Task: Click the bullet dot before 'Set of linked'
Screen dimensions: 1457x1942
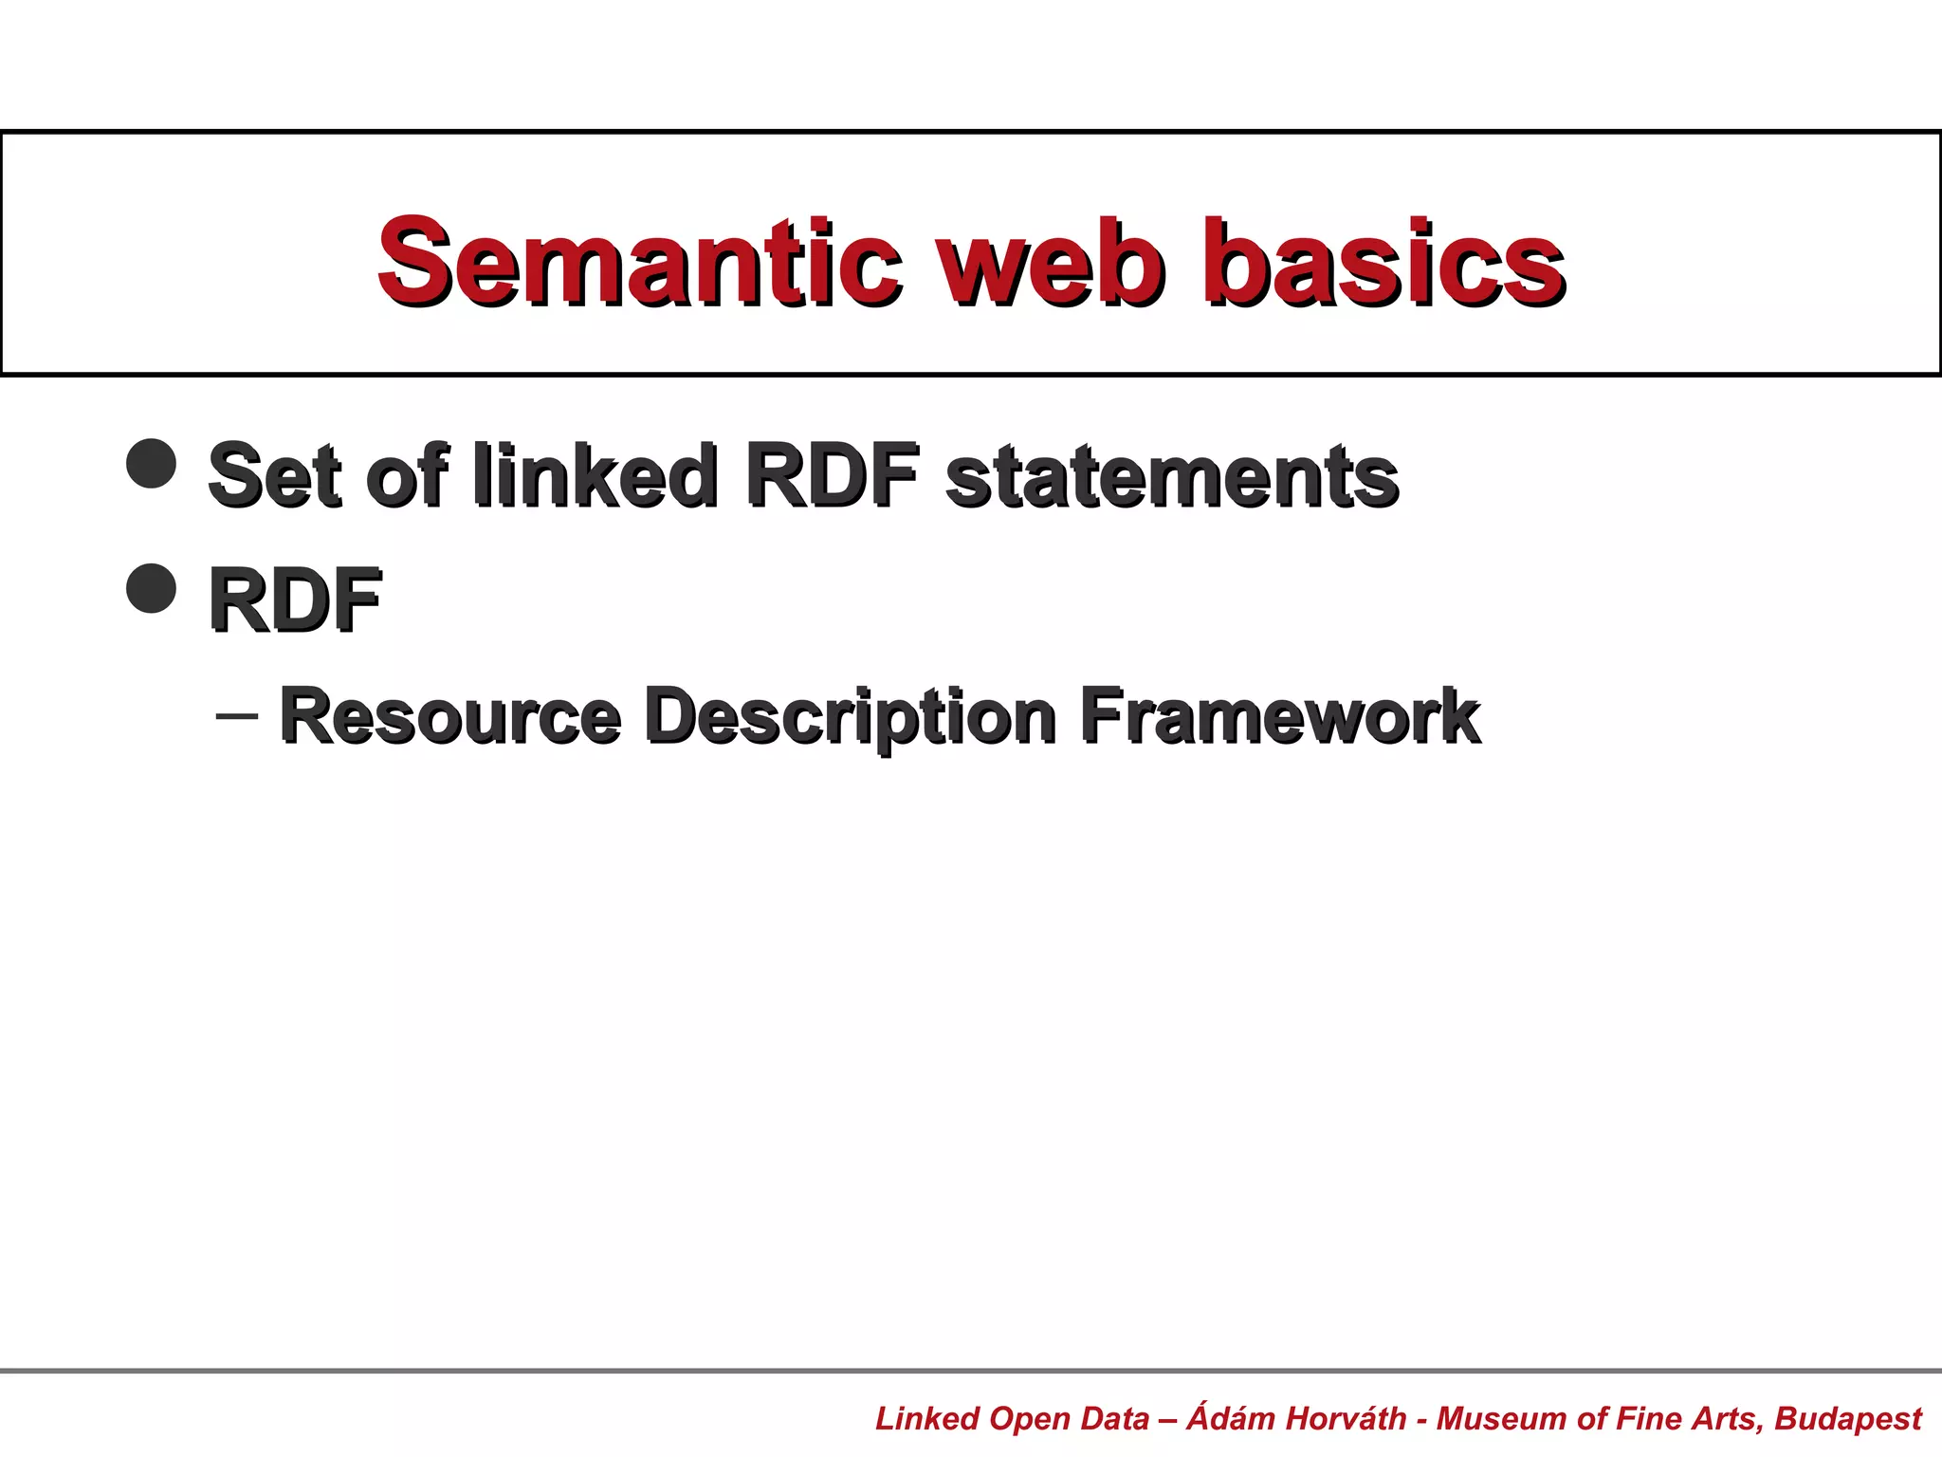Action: (x=152, y=463)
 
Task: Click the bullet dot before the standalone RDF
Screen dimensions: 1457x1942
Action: (x=152, y=588)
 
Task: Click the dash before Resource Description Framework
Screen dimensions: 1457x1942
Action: (x=236, y=714)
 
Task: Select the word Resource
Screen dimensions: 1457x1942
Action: (x=450, y=716)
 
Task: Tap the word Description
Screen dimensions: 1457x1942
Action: (x=851, y=718)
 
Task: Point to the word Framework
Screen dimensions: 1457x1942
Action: (x=1280, y=716)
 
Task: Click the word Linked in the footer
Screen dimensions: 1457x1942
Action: (x=926, y=1418)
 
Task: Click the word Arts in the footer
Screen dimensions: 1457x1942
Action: (x=1731, y=1418)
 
